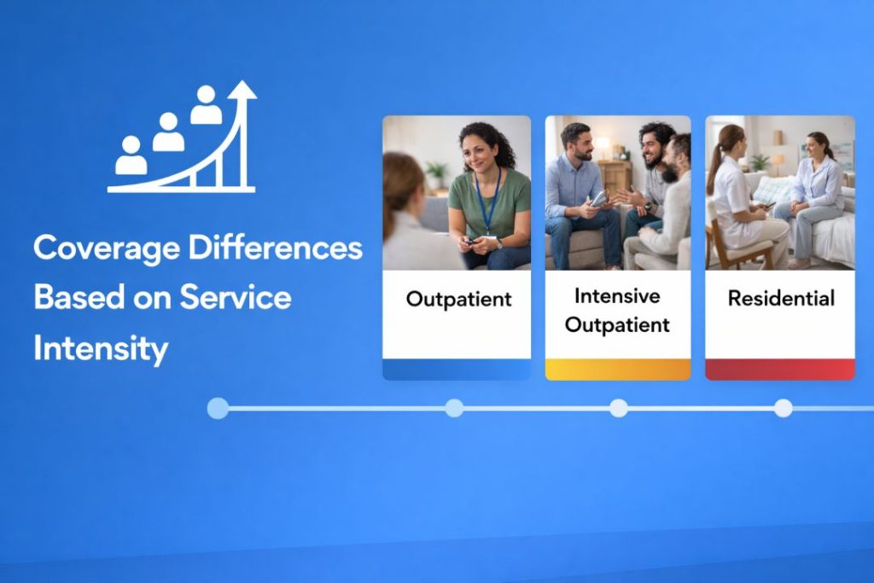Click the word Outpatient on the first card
pyautogui.click(x=458, y=300)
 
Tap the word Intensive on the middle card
pyautogui.click(x=617, y=296)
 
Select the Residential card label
pyautogui.click(x=781, y=299)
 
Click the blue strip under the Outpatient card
pyautogui.click(x=457, y=369)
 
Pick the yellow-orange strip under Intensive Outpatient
pyautogui.click(x=618, y=369)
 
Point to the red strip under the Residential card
pyautogui.click(x=780, y=369)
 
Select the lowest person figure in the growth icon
pyautogui.click(x=131, y=155)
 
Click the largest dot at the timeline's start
pyautogui.click(x=218, y=408)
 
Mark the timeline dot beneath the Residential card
pyautogui.click(x=783, y=408)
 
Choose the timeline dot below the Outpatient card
pyautogui.click(x=454, y=408)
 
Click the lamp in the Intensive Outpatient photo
pyautogui.click(x=603, y=145)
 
